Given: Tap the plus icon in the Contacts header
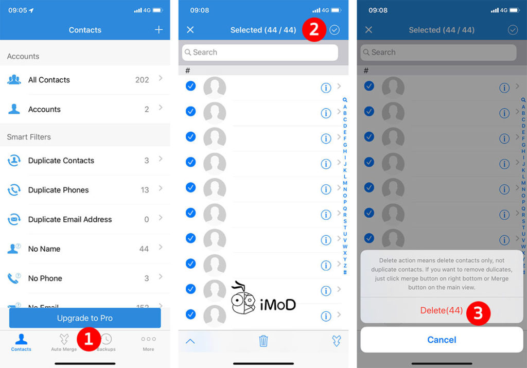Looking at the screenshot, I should click(159, 30).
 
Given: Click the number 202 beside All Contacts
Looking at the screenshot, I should click(142, 80).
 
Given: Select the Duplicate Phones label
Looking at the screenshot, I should click(58, 190).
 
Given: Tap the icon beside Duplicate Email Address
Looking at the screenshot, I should click(14, 219).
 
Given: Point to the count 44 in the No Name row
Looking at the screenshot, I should click(144, 249).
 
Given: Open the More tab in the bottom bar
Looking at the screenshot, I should click(148, 343).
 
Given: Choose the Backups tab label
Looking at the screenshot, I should click(107, 349).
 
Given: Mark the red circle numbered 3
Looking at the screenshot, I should click(478, 312).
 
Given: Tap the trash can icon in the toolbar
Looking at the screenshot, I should click(263, 341).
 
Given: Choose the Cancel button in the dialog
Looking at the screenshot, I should click(442, 340).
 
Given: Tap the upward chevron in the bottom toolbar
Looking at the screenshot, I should click(190, 341).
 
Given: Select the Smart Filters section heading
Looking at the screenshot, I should click(29, 137).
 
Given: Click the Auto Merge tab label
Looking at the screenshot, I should click(64, 349).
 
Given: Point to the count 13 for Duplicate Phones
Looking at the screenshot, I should click(145, 190).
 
